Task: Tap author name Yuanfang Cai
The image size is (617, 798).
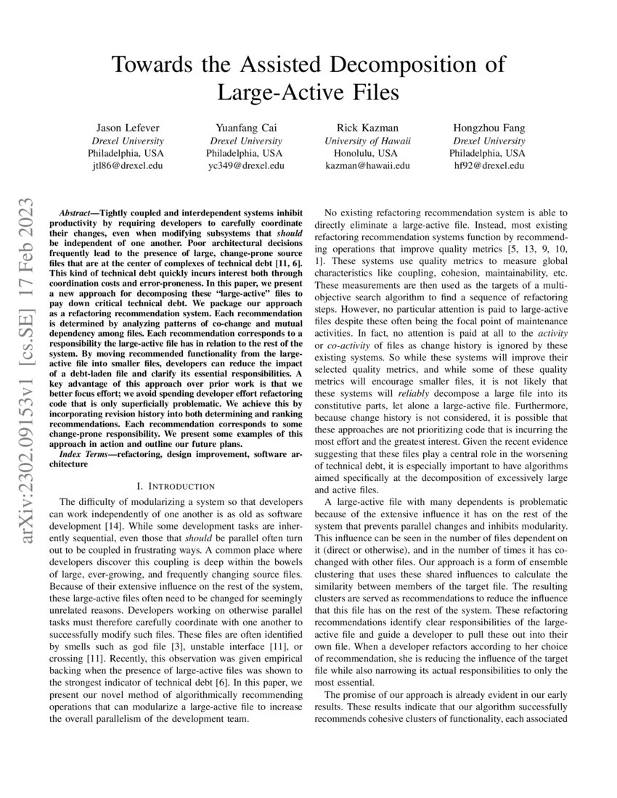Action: (245, 127)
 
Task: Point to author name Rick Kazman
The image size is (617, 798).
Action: (367, 127)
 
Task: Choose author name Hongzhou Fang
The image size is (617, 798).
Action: (487, 127)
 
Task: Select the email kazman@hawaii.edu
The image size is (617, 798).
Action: (367, 166)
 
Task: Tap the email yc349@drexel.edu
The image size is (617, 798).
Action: (245, 166)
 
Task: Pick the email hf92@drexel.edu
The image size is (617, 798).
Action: (487, 166)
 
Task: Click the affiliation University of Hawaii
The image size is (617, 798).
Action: (367, 140)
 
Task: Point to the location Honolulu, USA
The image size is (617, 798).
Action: (367, 153)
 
